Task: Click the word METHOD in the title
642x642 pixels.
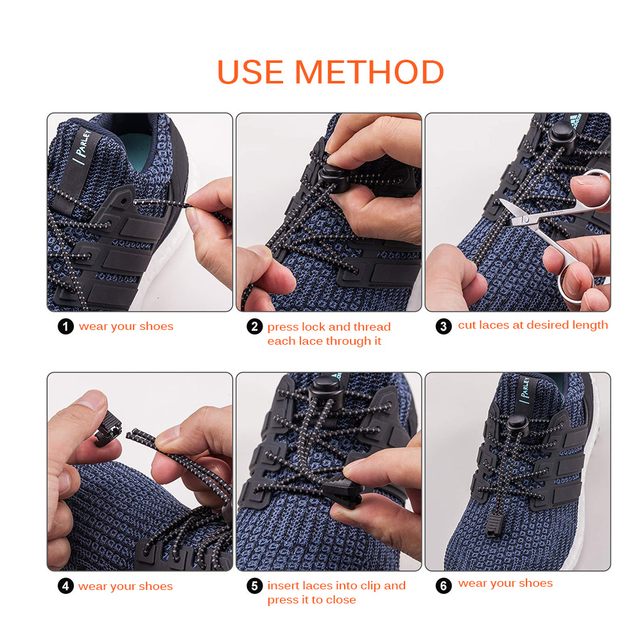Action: tap(369, 72)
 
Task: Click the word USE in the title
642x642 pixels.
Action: tap(250, 72)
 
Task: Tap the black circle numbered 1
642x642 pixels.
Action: tap(65, 327)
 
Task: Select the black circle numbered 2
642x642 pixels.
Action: tap(255, 327)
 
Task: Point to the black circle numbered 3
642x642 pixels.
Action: tap(444, 326)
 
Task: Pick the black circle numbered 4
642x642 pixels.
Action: tap(65, 586)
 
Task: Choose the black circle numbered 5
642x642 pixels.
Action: tap(255, 586)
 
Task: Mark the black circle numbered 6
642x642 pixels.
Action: tap(444, 586)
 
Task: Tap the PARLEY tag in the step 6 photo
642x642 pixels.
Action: tap(525, 390)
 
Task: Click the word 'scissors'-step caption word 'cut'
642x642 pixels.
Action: tap(467, 325)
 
